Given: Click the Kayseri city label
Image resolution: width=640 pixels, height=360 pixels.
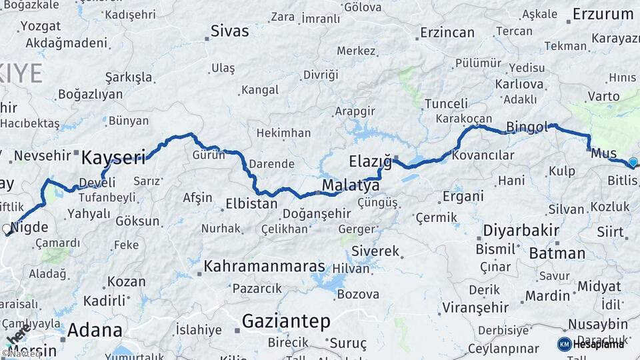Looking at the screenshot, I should (x=113, y=158).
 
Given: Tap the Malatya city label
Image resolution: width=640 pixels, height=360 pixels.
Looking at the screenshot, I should (x=351, y=185).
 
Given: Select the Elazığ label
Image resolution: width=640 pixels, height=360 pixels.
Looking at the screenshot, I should (x=370, y=161).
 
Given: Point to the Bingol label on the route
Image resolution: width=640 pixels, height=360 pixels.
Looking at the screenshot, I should (x=527, y=126).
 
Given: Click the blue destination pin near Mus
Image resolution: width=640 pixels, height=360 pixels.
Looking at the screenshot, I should (x=633, y=162).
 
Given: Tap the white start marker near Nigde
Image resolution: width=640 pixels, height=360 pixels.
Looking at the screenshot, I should (x=7, y=229).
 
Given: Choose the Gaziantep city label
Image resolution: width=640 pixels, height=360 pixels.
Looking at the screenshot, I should (x=285, y=321).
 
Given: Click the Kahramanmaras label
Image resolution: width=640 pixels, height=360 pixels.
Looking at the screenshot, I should (x=264, y=267).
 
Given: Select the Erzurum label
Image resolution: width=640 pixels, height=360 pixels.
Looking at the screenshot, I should (x=603, y=14).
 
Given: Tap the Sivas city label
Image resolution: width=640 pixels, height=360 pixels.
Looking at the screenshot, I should (x=229, y=31).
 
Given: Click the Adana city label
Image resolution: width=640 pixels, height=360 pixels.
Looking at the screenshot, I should (x=95, y=330).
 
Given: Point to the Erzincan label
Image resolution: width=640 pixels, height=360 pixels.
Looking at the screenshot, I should (x=447, y=33).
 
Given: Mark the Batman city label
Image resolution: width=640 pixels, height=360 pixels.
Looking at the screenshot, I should (x=557, y=253).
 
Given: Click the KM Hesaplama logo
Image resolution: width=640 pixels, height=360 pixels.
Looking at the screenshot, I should (x=591, y=344).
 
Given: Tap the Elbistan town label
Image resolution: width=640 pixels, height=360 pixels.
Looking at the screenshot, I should (x=251, y=203).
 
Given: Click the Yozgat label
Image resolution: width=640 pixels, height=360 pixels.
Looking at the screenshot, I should (x=41, y=26).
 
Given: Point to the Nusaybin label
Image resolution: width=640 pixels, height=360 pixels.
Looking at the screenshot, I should (x=597, y=324).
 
